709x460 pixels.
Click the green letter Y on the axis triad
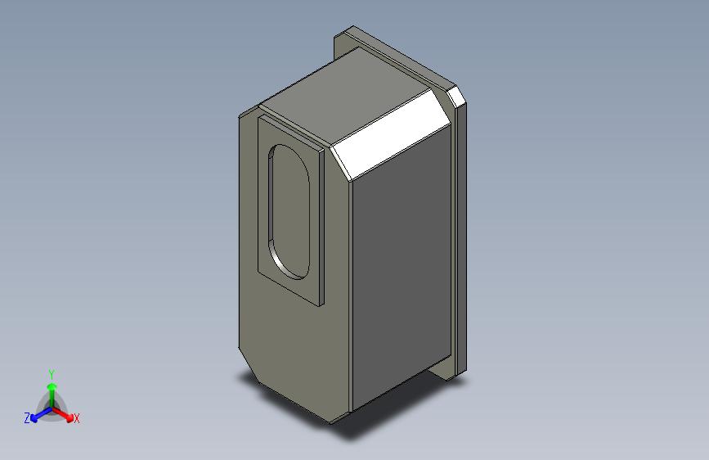pos(52,375)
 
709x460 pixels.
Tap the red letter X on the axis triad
pos(76,418)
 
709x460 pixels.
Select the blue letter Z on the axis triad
pos(27,418)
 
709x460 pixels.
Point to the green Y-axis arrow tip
pos(52,386)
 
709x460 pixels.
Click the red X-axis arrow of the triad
pos(62,414)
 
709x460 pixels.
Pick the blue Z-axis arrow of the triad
pos(42,414)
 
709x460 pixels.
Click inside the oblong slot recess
pos(292,210)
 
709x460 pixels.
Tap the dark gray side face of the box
pos(402,267)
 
